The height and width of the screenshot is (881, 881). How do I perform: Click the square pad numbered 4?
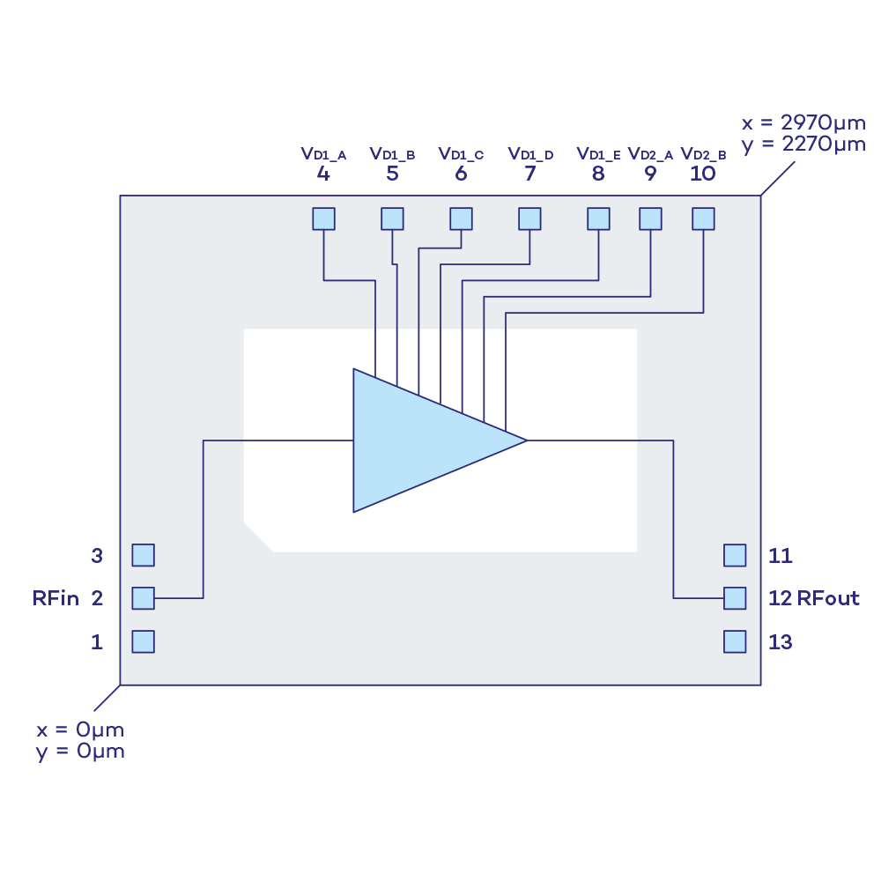(324, 218)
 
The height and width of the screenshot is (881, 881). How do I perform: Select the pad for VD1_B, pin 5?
(392, 218)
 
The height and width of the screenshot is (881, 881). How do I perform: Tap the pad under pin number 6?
(461, 218)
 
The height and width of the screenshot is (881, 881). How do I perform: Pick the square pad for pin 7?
(529, 218)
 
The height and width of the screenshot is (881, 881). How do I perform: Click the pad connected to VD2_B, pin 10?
(703, 218)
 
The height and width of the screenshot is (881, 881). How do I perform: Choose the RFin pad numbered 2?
(143, 598)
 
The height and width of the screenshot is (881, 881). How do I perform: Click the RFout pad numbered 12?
(735, 598)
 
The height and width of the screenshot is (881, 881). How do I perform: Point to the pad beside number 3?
(143, 555)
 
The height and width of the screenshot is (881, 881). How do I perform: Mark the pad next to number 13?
(735, 641)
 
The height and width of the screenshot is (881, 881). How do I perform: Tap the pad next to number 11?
(735, 555)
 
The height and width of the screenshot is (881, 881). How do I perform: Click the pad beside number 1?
(143, 641)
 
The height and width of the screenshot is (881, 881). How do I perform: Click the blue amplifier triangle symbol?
(423, 440)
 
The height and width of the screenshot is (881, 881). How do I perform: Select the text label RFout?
(828, 598)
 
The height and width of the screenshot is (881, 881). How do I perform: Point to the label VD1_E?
(599, 154)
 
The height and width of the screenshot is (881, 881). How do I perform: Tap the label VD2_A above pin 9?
(650, 154)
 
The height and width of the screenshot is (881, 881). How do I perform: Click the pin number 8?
(599, 174)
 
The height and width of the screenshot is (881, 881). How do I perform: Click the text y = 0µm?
(80, 751)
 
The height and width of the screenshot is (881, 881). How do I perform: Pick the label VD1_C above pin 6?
(461, 154)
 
